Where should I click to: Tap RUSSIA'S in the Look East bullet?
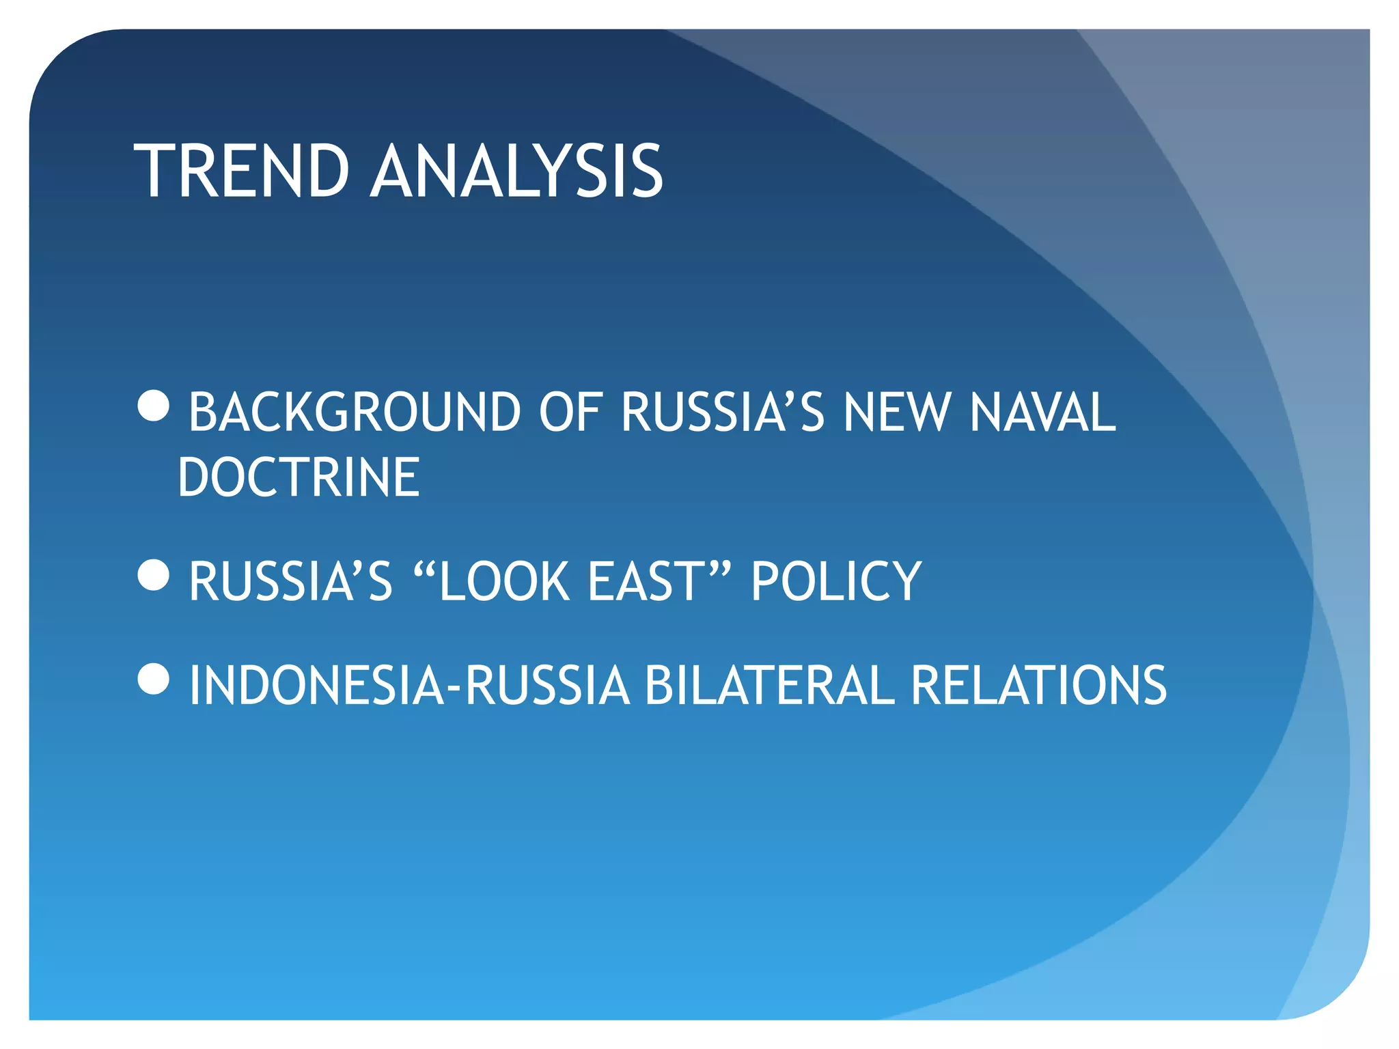[x=291, y=581]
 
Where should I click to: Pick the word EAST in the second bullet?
[x=646, y=581]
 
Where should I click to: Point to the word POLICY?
[x=836, y=581]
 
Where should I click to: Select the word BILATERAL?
[x=769, y=685]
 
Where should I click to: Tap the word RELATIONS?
[x=1038, y=685]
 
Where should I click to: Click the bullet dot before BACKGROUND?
[x=153, y=406]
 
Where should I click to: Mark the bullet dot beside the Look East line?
[x=153, y=575]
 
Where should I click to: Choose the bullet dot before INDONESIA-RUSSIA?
[x=153, y=679]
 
